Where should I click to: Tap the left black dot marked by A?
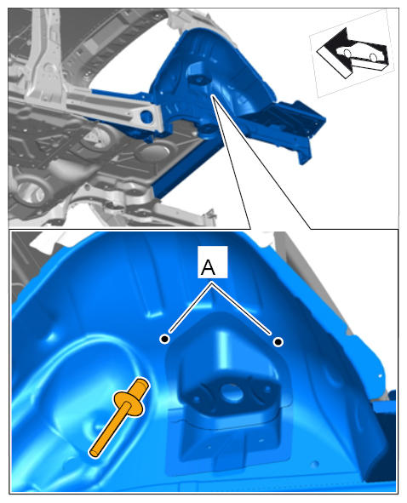(164, 339)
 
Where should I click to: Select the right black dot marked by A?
(278, 342)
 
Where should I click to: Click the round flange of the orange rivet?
(128, 403)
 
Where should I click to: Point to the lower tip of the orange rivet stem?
(95, 453)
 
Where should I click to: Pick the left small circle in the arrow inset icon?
(347, 53)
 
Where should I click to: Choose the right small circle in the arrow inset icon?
(373, 57)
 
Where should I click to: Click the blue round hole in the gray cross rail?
(146, 116)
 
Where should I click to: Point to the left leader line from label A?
(189, 307)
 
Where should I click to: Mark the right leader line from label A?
(241, 309)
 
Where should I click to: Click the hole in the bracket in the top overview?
(198, 80)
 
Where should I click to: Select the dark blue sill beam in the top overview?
(188, 167)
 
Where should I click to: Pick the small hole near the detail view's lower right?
(315, 464)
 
